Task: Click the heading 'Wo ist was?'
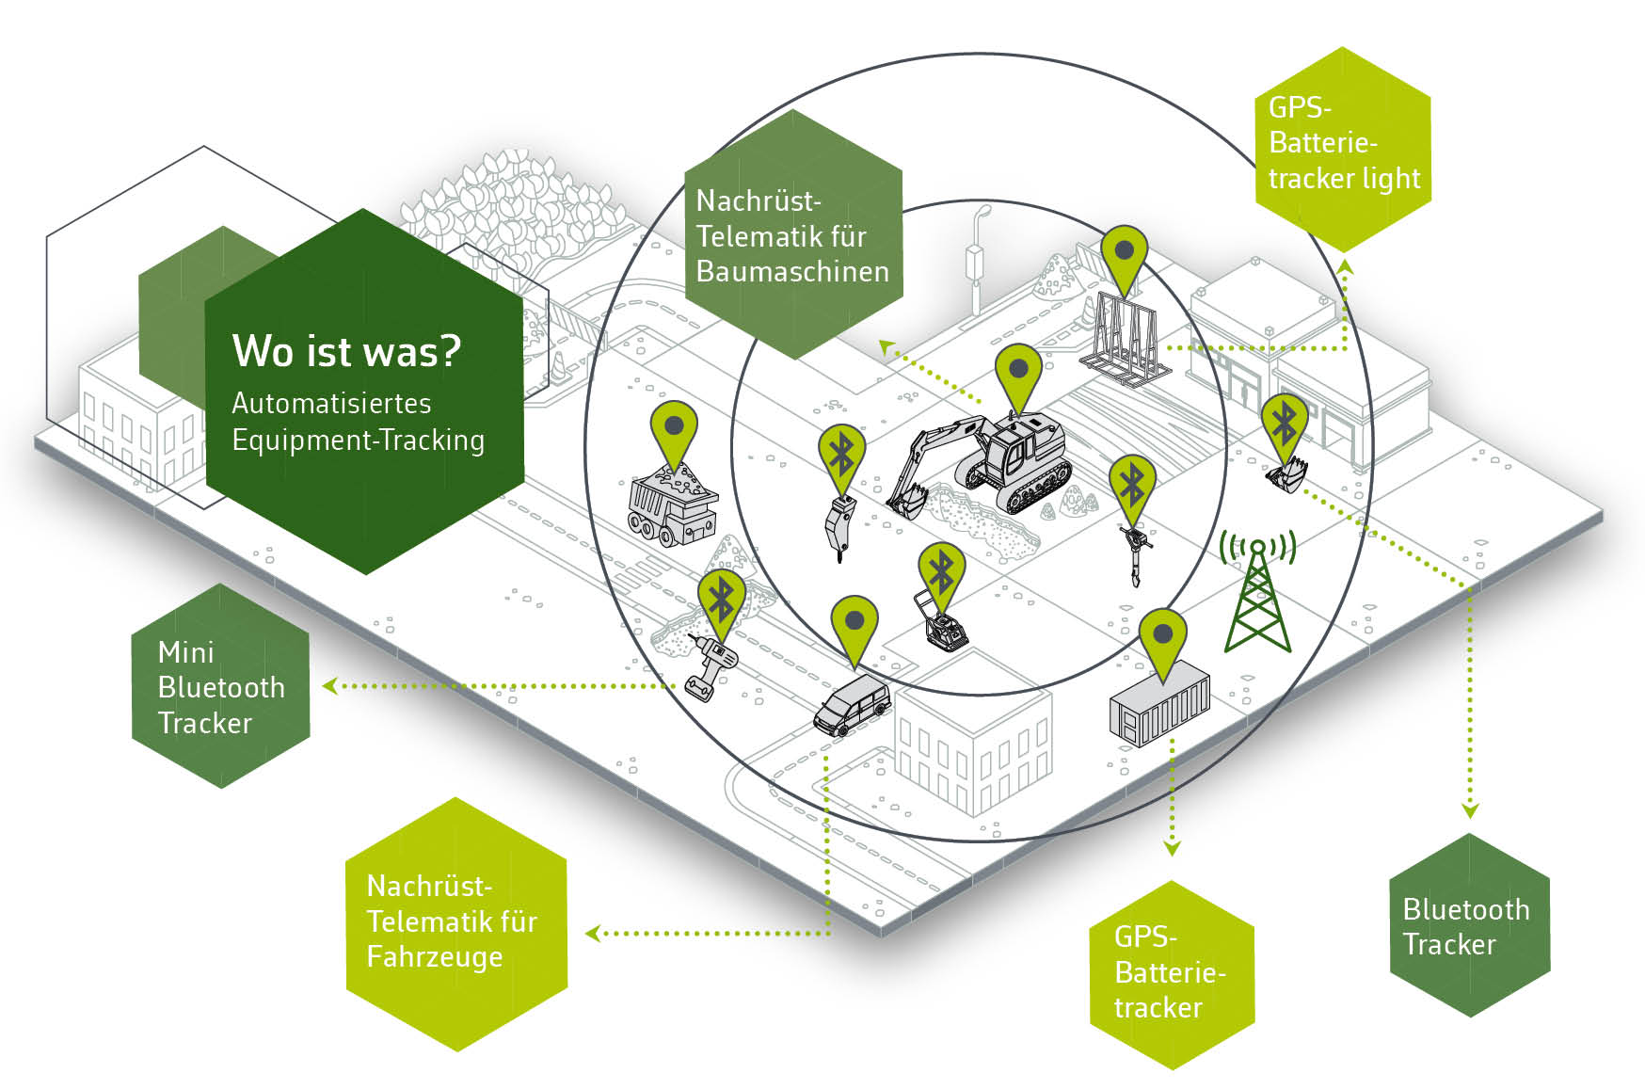(346, 352)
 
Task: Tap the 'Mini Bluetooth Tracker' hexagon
(221, 686)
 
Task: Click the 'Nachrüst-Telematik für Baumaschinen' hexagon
(792, 235)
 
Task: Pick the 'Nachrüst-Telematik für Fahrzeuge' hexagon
(455, 921)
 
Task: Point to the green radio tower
(1257, 593)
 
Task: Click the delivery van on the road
(851, 704)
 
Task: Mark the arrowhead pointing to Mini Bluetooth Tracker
(329, 686)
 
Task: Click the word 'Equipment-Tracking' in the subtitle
(358, 440)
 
